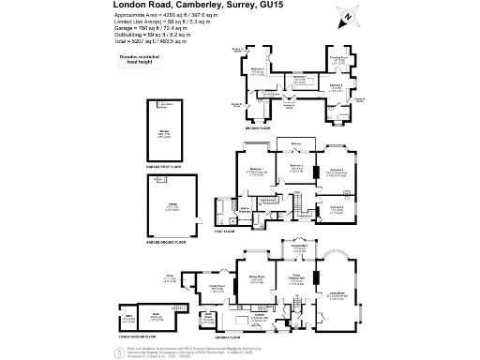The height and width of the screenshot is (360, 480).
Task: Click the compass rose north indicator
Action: (349, 16)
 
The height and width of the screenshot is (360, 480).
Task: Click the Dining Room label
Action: (256, 277)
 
